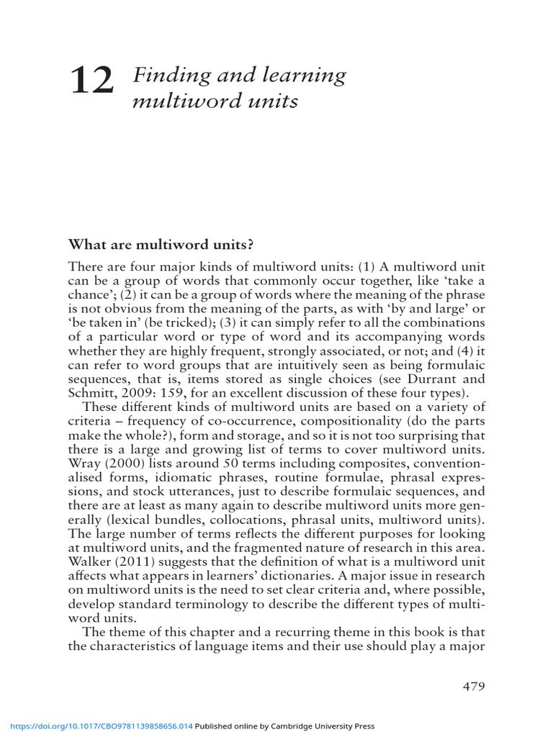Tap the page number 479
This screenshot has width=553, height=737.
pyautogui.click(x=473, y=686)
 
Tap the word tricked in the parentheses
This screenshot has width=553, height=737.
pyautogui.click(x=192, y=322)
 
